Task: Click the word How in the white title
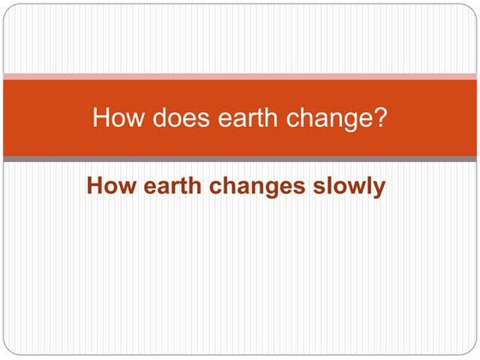(x=112, y=117)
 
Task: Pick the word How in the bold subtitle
(x=107, y=186)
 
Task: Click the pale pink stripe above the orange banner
(x=240, y=76)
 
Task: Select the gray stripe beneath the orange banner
(x=240, y=159)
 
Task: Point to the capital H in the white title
(x=100, y=117)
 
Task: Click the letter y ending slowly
(x=378, y=189)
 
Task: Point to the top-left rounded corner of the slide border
(x=7, y=7)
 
